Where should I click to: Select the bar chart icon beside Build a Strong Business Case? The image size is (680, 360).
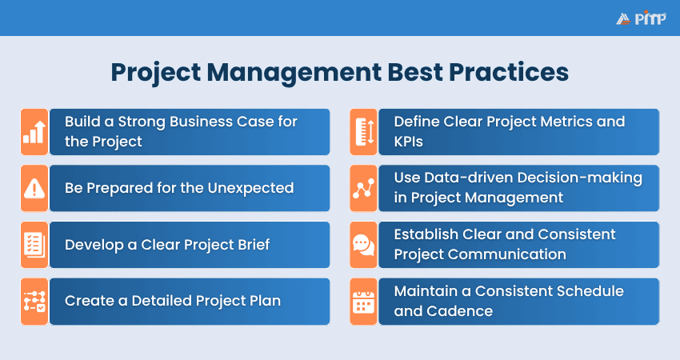pyautogui.click(x=34, y=132)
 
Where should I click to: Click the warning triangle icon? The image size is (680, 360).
pyautogui.click(x=34, y=188)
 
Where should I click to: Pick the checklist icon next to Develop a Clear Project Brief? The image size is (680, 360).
pyautogui.click(x=34, y=245)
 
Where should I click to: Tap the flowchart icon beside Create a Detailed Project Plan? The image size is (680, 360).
pyautogui.click(x=34, y=302)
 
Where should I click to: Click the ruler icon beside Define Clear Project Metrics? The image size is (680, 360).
pyautogui.click(x=363, y=132)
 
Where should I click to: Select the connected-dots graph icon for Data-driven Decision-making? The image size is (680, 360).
pyautogui.click(x=363, y=188)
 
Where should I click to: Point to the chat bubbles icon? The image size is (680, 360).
pyautogui.click(x=363, y=245)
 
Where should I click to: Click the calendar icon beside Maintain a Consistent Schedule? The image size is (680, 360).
pyautogui.click(x=363, y=302)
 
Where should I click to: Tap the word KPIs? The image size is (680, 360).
pyautogui.click(x=410, y=142)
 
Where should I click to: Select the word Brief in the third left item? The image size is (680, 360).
pyautogui.click(x=250, y=245)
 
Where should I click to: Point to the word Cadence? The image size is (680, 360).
pyautogui.click(x=455, y=311)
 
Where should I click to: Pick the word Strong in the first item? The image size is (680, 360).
pyautogui.click(x=150, y=122)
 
